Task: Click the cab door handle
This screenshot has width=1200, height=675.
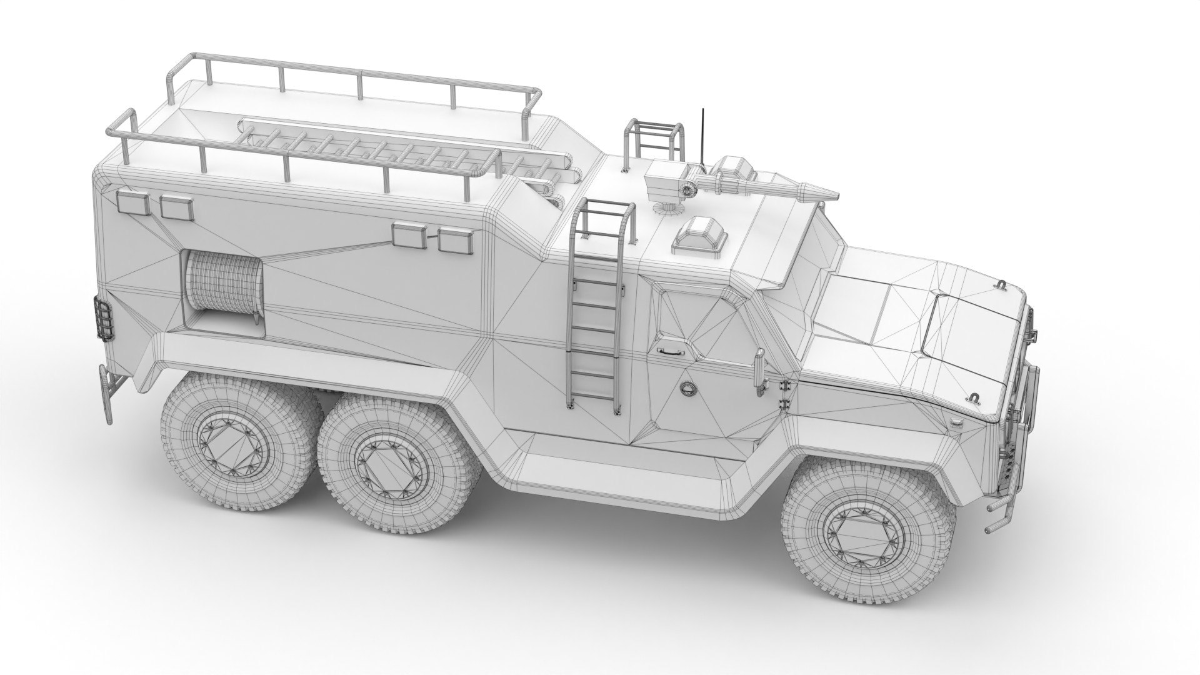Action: pyautogui.click(x=668, y=352)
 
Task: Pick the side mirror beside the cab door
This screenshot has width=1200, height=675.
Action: pyautogui.click(x=761, y=369)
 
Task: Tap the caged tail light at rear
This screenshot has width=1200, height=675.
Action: pyautogui.click(x=102, y=320)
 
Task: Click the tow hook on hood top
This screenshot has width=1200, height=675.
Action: pyautogui.click(x=999, y=286)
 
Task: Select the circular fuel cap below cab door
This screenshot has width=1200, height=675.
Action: pyautogui.click(x=687, y=389)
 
